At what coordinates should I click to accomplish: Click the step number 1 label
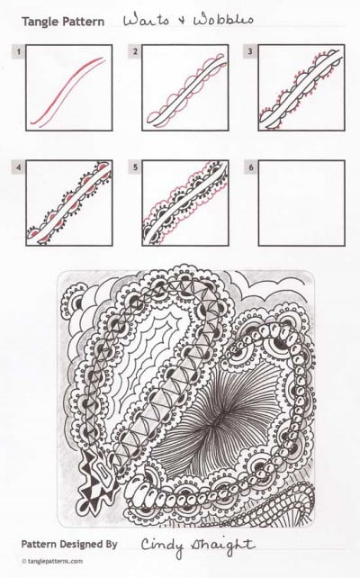pos(18,52)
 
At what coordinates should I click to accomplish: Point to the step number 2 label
pos(135,52)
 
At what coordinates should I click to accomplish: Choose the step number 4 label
pos(18,167)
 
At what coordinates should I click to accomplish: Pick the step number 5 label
pos(135,167)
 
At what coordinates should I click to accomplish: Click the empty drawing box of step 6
pos(301,203)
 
